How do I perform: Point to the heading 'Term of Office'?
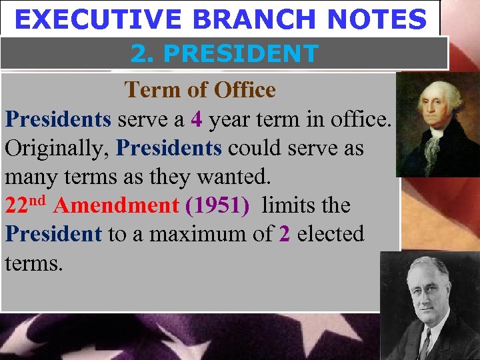tap(199, 89)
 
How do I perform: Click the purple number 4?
tap(195, 119)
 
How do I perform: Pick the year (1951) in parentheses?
tap(218, 205)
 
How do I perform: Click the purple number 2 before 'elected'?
tap(285, 234)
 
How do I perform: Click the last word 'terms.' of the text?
tap(34, 263)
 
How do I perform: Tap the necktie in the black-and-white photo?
tap(425, 343)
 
